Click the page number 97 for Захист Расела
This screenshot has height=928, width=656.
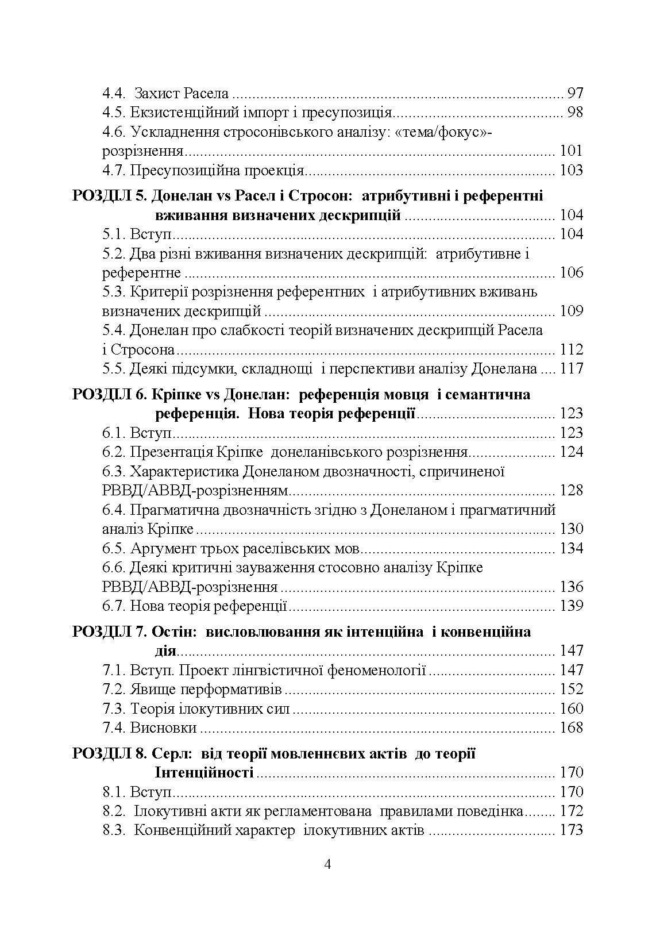[x=574, y=93]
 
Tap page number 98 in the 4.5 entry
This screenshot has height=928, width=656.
[x=574, y=112]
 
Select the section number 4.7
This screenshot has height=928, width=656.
[x=114, y=170]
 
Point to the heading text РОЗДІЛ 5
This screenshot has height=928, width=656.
[x=109, y=196]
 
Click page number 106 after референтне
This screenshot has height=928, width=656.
[x=571, y=272]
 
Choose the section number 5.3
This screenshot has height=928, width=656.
[x=114, y=292]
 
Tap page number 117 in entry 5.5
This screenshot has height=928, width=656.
[x=571, y=368]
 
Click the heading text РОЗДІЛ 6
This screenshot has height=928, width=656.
[x=109, y=395]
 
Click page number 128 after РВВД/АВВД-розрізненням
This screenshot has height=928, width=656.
[x=571, y=490]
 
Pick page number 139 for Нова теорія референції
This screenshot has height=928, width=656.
[x=571, y=606]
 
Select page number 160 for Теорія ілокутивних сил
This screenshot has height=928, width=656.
[x=571, y=708]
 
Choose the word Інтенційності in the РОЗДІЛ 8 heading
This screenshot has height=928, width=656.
[x=204, y=772]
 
